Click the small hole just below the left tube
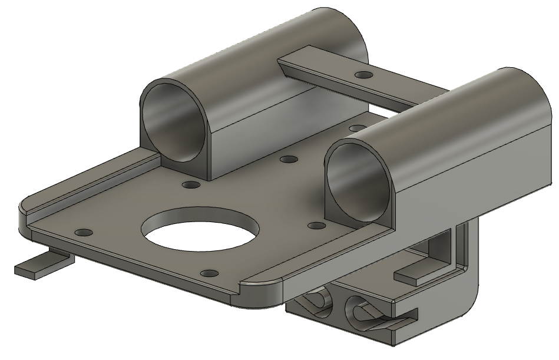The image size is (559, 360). point(190,185)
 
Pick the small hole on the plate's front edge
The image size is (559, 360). point(208,273)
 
